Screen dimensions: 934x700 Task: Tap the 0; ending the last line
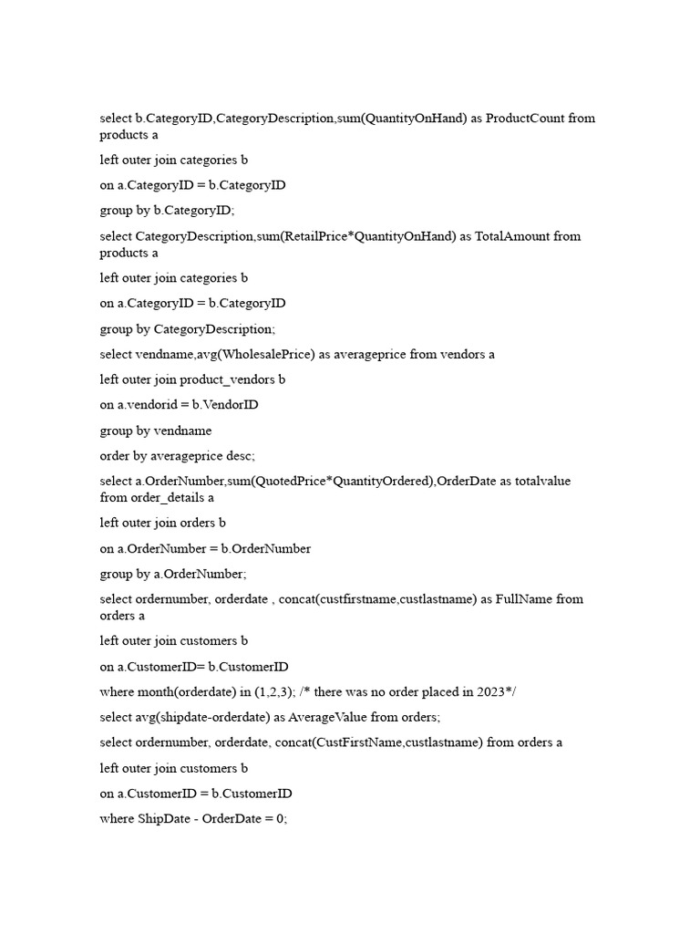tap(280, 819)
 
